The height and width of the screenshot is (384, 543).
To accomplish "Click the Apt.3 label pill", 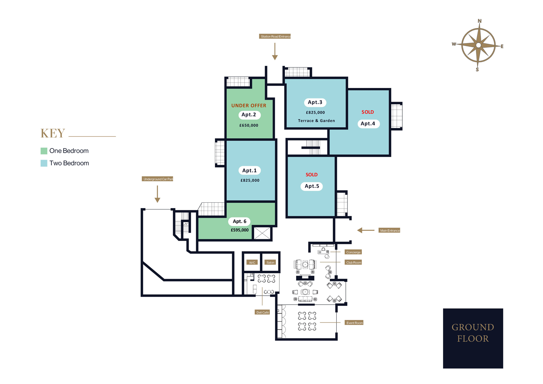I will pos(315,102).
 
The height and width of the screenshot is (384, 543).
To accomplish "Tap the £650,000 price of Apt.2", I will pos(249,125).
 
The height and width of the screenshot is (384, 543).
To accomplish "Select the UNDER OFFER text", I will pos(249,106).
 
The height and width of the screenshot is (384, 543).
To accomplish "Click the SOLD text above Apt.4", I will pos(367,112).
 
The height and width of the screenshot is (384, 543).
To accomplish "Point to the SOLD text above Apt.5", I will pos(311,175).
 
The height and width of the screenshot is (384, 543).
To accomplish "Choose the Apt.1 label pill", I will pos(249,170).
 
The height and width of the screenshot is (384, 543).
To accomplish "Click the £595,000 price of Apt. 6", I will pos(240,230).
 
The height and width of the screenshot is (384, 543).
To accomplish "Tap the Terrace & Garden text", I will pos(316,121).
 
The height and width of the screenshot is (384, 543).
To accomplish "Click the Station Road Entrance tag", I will pos(275,37).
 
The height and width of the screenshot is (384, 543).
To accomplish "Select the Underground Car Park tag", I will pos(157,179).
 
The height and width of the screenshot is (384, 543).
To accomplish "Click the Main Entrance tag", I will pos(390,231).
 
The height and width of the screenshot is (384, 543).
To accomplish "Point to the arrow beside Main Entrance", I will pos(366,230).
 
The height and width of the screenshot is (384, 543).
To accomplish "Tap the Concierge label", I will pos(353,252).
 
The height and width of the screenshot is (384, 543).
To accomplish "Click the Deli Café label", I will pos(262,312).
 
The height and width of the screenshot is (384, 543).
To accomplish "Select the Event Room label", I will pos(354,323).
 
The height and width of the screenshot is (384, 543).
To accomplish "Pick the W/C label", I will pos(252,262).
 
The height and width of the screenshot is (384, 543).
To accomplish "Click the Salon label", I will pos(270,262).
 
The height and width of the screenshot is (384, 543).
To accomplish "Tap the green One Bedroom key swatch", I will pos(44,151).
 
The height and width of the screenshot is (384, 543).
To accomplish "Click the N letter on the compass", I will pos(480,21).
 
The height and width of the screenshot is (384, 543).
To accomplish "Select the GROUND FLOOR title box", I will pos(473,338).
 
